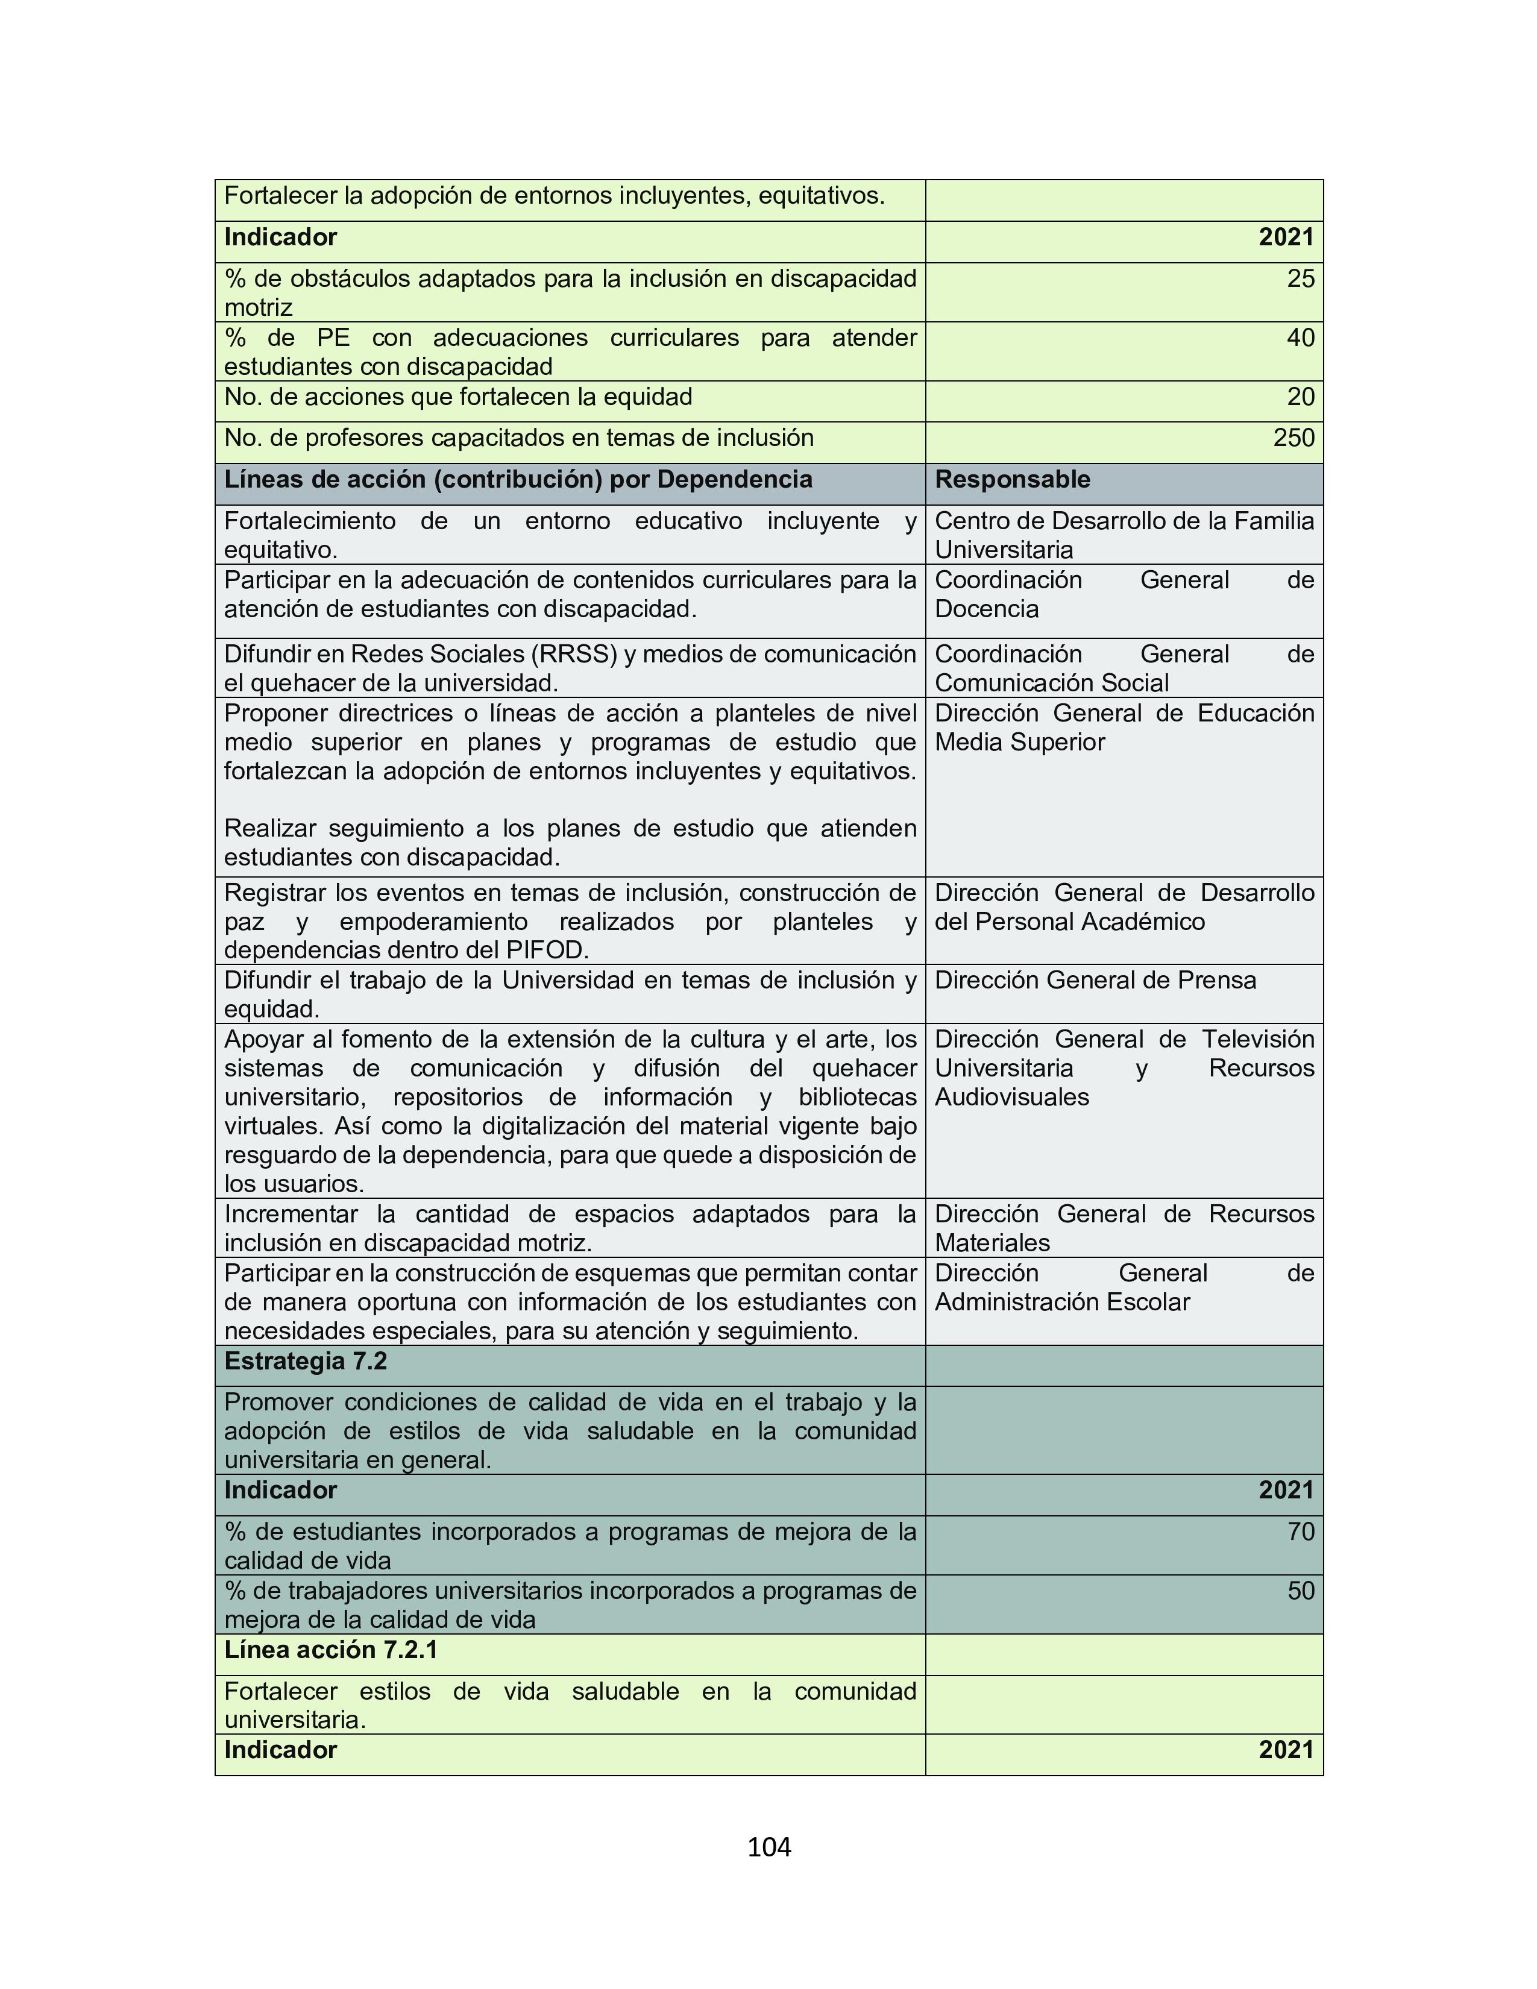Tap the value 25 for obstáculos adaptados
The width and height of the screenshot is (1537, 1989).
click(1300, 278)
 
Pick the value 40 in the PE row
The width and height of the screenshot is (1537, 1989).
click(1300, 338)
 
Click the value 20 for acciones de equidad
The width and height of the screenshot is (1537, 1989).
click(1300, 397)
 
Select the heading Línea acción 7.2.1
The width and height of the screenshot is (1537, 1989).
click(330, 1650)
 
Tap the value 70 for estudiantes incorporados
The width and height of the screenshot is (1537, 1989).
click(1300, 1532)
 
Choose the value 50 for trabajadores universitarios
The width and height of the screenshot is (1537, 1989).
click(1300, 1591)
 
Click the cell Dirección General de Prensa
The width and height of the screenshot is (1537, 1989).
click(1095, 981)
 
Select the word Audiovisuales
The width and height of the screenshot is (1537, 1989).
click(1011, 1098)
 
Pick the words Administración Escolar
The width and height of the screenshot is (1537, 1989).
click(1061, 1302)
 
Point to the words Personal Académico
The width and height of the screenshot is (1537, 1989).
click(1089, 922)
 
